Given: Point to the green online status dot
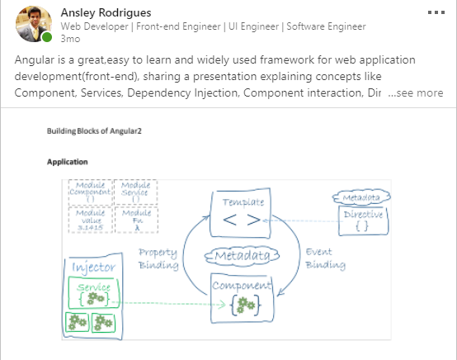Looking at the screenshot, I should tap(48, 37).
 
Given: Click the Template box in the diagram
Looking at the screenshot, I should tap(242, 212).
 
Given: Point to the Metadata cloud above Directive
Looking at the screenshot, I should tap(362, 198).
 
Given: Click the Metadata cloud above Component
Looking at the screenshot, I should tap(243, 258).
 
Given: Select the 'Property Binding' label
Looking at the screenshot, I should tap(158, 258).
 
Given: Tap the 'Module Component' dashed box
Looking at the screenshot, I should tap(88, 192).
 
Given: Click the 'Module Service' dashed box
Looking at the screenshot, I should tap(134, 192).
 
